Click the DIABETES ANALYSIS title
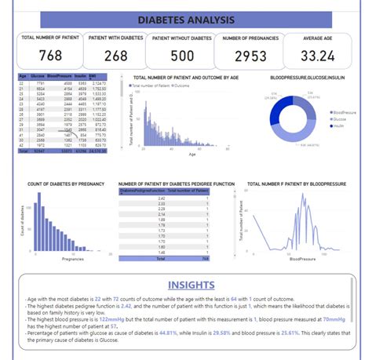click(x=185, y=18)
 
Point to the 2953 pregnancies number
click(x=247, y=56)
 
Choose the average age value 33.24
click(x=318, y=56)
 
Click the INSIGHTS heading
click(x=185, y=285)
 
